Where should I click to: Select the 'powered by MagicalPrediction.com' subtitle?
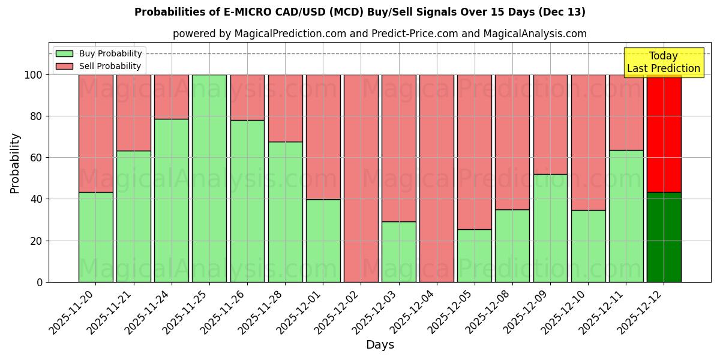click(x=379, y=34)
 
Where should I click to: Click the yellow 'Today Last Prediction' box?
click(x=663, y=62)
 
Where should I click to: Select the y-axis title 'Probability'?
click(x=15, y=163)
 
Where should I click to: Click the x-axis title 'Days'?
click(x=380, y=345)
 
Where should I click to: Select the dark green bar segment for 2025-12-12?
click(x=664, y=237)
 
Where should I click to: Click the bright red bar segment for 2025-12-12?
click(x=664, y=133)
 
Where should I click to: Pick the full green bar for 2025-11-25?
click(x=209, y=178)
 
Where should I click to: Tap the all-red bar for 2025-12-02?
click(x=361, y=178)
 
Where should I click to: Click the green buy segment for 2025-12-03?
click(x=398, y=252)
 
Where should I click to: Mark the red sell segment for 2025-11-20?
click(x=95, y=133)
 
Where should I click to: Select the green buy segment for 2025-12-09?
click(x=550, y=228)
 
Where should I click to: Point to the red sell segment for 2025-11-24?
click(x=172, y=97)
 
